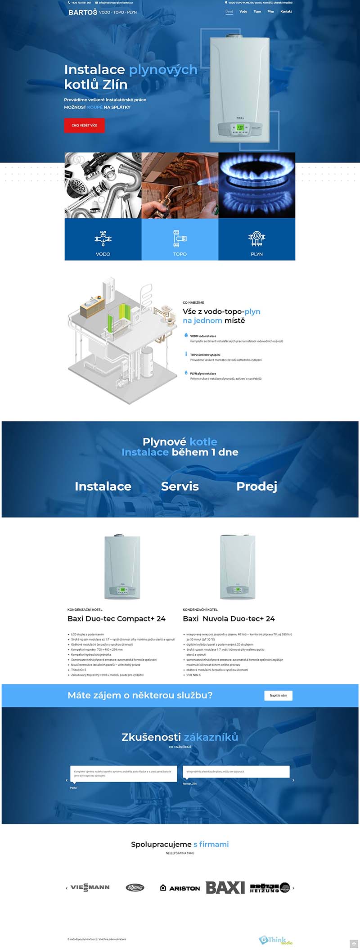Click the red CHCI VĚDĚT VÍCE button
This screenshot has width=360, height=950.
[84, 126]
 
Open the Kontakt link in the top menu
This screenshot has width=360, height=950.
[286, 12]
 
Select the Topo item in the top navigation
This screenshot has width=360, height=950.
[257, 12]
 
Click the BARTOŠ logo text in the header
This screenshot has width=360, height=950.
[83, 12]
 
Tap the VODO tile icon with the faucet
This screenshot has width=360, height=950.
[103, 239]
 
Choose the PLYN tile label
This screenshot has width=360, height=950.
[256, 254]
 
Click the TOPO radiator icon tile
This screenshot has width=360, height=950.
[180, 239]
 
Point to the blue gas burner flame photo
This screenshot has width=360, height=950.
[256, 185]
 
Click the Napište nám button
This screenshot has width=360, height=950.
[278, 695]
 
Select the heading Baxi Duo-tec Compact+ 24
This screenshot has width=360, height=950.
[117, 619]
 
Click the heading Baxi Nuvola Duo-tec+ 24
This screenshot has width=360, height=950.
[229, 619]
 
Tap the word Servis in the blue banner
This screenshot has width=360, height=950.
[180, 486]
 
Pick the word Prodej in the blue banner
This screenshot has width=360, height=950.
[256, 486]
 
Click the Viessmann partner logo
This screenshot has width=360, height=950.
[90, 887]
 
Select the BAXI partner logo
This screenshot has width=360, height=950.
[225, 887]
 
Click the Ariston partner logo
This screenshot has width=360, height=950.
[180, 888]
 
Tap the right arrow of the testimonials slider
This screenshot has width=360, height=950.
[293, 780]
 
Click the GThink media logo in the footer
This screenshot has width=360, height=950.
[275, 940]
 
